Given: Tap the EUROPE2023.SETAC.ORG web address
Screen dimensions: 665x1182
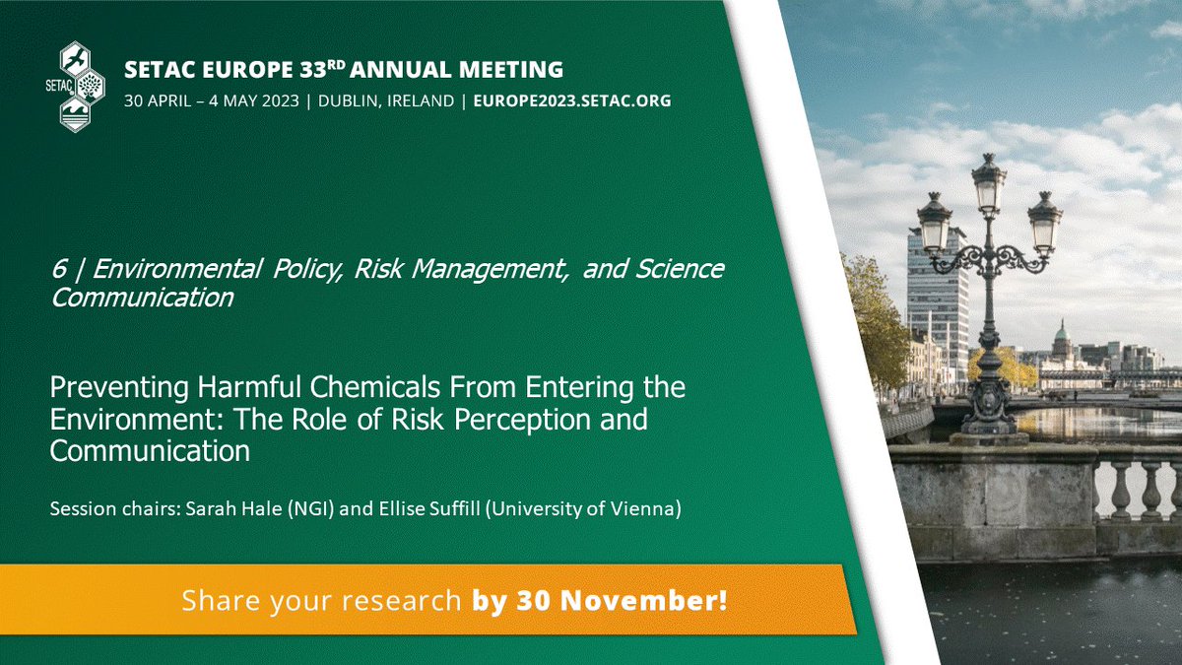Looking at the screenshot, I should pyautogui.click(x=572, y=101).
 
